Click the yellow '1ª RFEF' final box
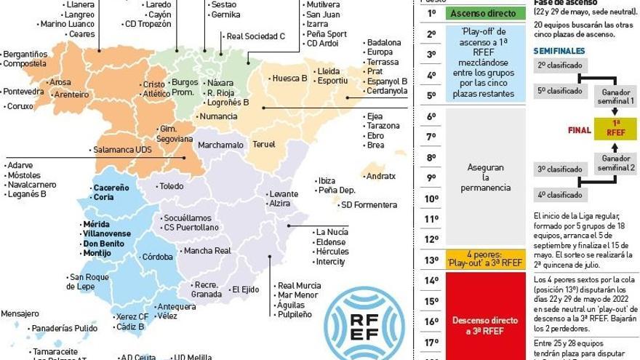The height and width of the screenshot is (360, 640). [x=615, y=128]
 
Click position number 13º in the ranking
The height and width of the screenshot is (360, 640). [x=431, y=260]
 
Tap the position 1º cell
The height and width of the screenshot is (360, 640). [x=431, y=13]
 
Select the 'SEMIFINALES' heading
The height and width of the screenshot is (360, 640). [x=559, y=51]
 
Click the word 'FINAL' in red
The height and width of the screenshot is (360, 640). [x=579, y=131]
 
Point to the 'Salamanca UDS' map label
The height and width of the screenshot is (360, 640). [x=121, y=150]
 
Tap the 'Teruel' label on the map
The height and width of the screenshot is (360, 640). [x=264, y=144]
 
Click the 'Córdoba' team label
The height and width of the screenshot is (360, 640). [x=157, y=257]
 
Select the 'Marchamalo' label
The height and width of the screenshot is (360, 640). [x=220, y=145]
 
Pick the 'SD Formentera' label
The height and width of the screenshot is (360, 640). [x=369, y=205]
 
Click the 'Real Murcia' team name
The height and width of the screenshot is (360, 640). [x=299, y=285]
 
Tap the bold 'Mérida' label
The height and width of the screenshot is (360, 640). [x=96, y=224]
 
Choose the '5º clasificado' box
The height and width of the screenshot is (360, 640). [x=559, y=91]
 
